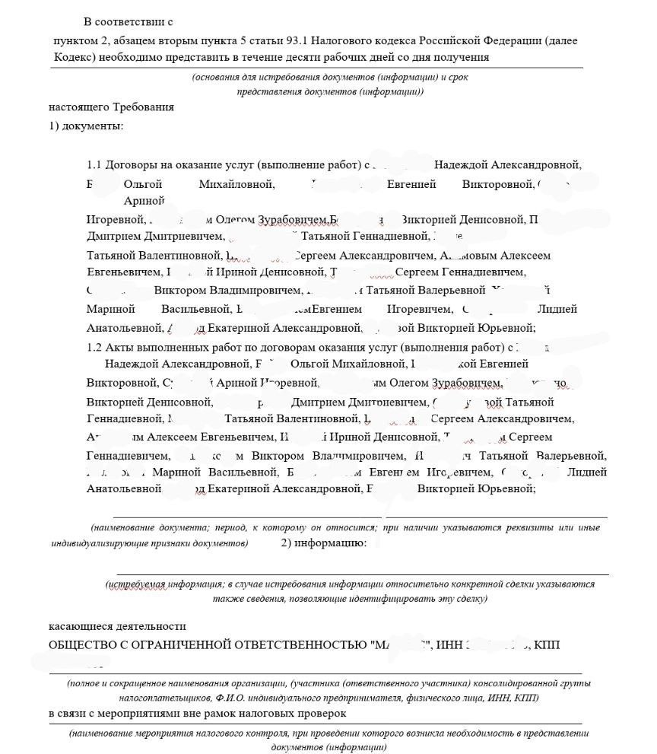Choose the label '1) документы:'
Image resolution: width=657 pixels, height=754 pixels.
86,125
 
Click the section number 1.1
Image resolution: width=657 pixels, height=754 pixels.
94,164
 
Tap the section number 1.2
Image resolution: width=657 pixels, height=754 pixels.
94,347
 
